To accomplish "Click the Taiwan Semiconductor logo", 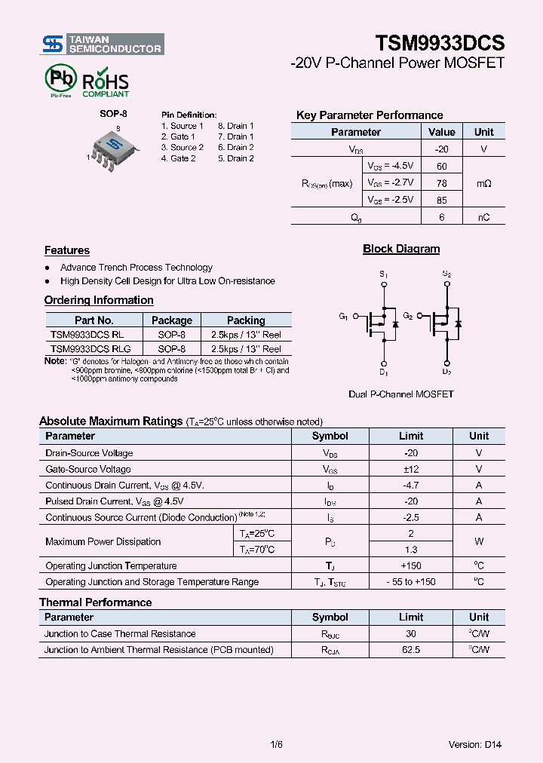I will [102, 44].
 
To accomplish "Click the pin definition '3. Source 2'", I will [183, 148].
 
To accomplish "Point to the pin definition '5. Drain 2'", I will [235, 158].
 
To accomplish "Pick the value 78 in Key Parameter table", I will [442, 183].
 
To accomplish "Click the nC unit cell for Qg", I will [483, 217].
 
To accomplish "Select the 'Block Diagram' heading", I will [401, 249].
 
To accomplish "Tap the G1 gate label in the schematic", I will [343, 317].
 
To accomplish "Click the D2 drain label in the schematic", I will [446, 372].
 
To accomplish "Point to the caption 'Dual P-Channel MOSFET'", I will [401, 394].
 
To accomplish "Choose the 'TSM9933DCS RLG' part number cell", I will [90, 349].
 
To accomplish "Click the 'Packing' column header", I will [246, 320].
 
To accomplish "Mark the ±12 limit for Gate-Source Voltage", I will [411, 469].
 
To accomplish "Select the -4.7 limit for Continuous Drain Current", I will [411, 486].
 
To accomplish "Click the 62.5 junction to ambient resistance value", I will [411, 650].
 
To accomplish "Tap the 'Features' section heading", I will [67, 250].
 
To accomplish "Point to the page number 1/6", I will [276, 745].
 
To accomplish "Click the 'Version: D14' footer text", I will [474, 745].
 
